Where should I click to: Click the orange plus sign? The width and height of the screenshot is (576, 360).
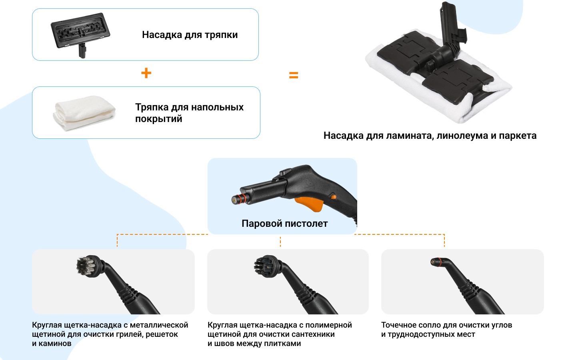tap(146, 73)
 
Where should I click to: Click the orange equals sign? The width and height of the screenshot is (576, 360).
tap(294, 75)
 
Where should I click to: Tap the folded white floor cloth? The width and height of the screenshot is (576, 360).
tap(85, 113)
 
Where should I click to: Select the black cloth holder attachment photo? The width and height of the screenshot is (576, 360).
tap(80, 34)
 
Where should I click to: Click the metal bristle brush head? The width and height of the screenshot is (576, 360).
tap(87, 266)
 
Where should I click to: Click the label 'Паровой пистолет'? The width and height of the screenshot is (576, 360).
tap(285, 224)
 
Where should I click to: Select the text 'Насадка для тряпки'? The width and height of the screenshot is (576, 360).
tap(190, 35)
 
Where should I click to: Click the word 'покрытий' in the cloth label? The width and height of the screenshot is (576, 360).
tap(159, 119)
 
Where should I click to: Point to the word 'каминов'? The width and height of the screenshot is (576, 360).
tap(55, 344)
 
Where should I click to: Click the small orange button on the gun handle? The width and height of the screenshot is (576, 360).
tap(334, 197)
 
